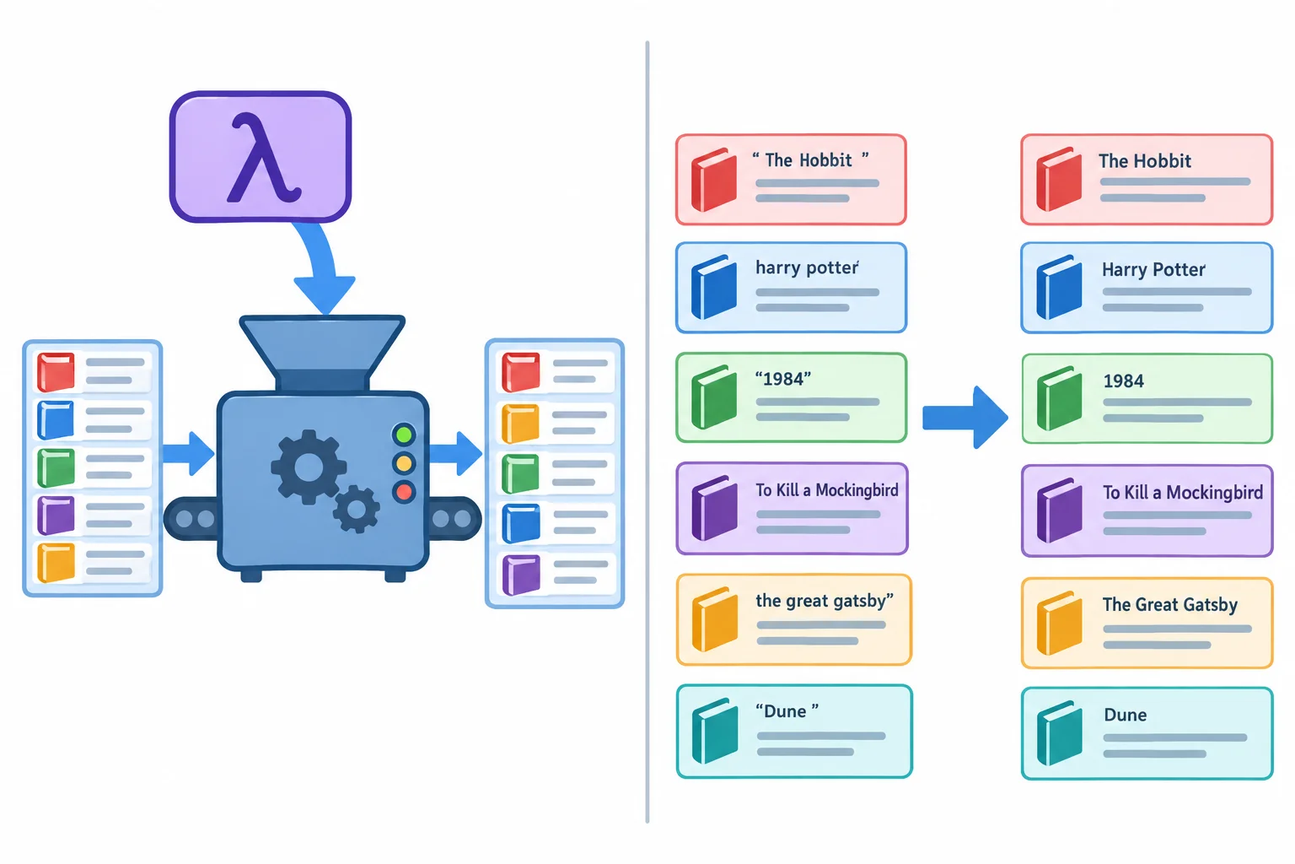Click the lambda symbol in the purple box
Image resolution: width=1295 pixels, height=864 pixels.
pos(264,158)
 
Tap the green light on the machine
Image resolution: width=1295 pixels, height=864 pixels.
pos(404,434)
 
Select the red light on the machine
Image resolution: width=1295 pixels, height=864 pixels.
pos(404,493)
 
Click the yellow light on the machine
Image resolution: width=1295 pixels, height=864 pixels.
pos(404,463)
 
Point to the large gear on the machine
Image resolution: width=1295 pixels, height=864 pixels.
pos(309,467)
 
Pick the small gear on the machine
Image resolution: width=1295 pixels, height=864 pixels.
pos(356,510)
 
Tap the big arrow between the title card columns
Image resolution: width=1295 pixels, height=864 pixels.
pos(965,418)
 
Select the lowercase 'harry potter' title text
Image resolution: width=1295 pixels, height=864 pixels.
pos(807,268)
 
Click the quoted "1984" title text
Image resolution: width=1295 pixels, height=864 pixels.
pos(782,379)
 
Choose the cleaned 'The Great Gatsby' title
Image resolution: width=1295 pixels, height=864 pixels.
pos(1169,605)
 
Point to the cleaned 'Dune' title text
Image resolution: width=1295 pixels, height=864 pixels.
pos(1125,715)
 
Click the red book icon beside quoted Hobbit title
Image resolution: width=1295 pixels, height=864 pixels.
pos(714,180)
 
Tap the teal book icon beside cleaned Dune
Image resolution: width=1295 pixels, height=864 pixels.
pos(1059,732)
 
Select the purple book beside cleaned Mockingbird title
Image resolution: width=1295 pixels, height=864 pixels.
pos(1059,510)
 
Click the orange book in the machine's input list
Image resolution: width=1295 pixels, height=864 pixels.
pos(56,562)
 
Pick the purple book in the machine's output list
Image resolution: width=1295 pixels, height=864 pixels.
pos(522,575)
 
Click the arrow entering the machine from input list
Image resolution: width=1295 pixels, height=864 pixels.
pos(189,454)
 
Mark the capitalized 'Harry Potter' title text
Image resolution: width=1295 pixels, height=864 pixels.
pos(1153,270)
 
